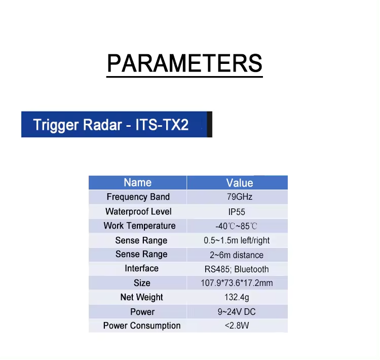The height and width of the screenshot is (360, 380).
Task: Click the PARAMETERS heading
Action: pos(184,63)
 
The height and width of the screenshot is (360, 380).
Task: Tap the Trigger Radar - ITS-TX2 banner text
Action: pos(111,125)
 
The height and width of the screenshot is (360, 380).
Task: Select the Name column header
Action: pos(138,183)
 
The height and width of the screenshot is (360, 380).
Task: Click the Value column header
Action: pos(240,183)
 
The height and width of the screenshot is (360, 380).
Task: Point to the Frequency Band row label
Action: pos(138,197)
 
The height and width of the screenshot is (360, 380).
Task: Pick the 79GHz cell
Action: pos(240,197)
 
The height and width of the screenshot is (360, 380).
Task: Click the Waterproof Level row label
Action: pos(138,211)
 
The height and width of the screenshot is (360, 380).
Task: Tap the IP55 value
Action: pos(237,212)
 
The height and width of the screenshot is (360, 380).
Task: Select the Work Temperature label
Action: pos(139,226)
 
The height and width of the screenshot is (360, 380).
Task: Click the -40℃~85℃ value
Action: pos(236,226)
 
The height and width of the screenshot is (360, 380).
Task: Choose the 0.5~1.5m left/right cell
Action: pos(237,240)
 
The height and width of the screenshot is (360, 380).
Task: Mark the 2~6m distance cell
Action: pos(237,255)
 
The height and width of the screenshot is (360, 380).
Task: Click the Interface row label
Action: pos(141,268)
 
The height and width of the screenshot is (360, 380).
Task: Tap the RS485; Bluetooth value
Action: pos(237,269)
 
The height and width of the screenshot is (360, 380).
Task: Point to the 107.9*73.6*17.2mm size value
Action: pos(237,283)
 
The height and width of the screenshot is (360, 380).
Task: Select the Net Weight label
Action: pos(141,297)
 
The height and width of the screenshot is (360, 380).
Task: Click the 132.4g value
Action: pos(237,297)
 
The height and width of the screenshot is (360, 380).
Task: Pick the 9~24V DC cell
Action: pos(237,312)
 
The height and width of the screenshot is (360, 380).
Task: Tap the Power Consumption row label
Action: pos(142,326)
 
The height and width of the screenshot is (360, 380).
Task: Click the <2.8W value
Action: pos(237,326)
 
